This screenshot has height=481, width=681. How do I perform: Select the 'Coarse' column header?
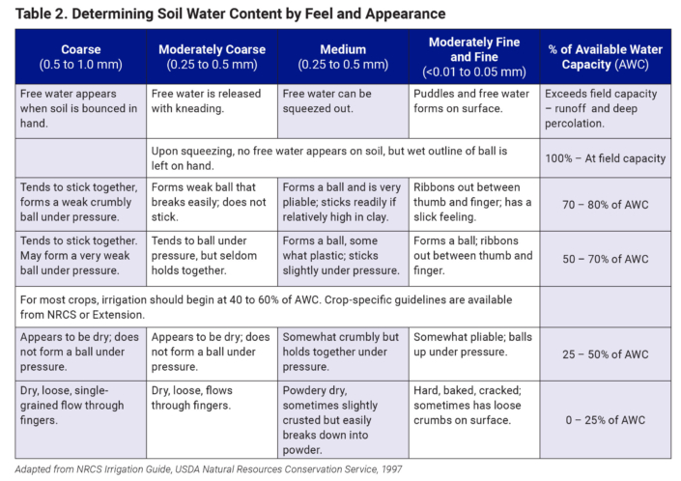point(80,56)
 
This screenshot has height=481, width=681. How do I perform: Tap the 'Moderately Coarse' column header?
point(212,56)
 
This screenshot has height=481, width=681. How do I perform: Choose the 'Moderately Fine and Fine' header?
point(473,56)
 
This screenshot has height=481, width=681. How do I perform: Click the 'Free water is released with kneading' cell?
point(212,100)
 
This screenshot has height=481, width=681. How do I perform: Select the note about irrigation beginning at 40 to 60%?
point(270,306)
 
